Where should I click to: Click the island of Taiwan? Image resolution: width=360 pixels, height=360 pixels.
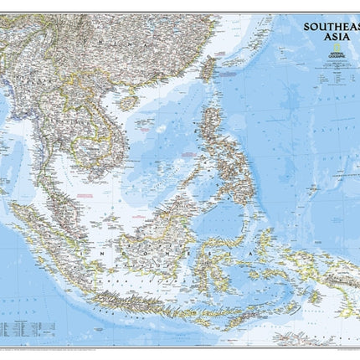click(208, 68)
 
